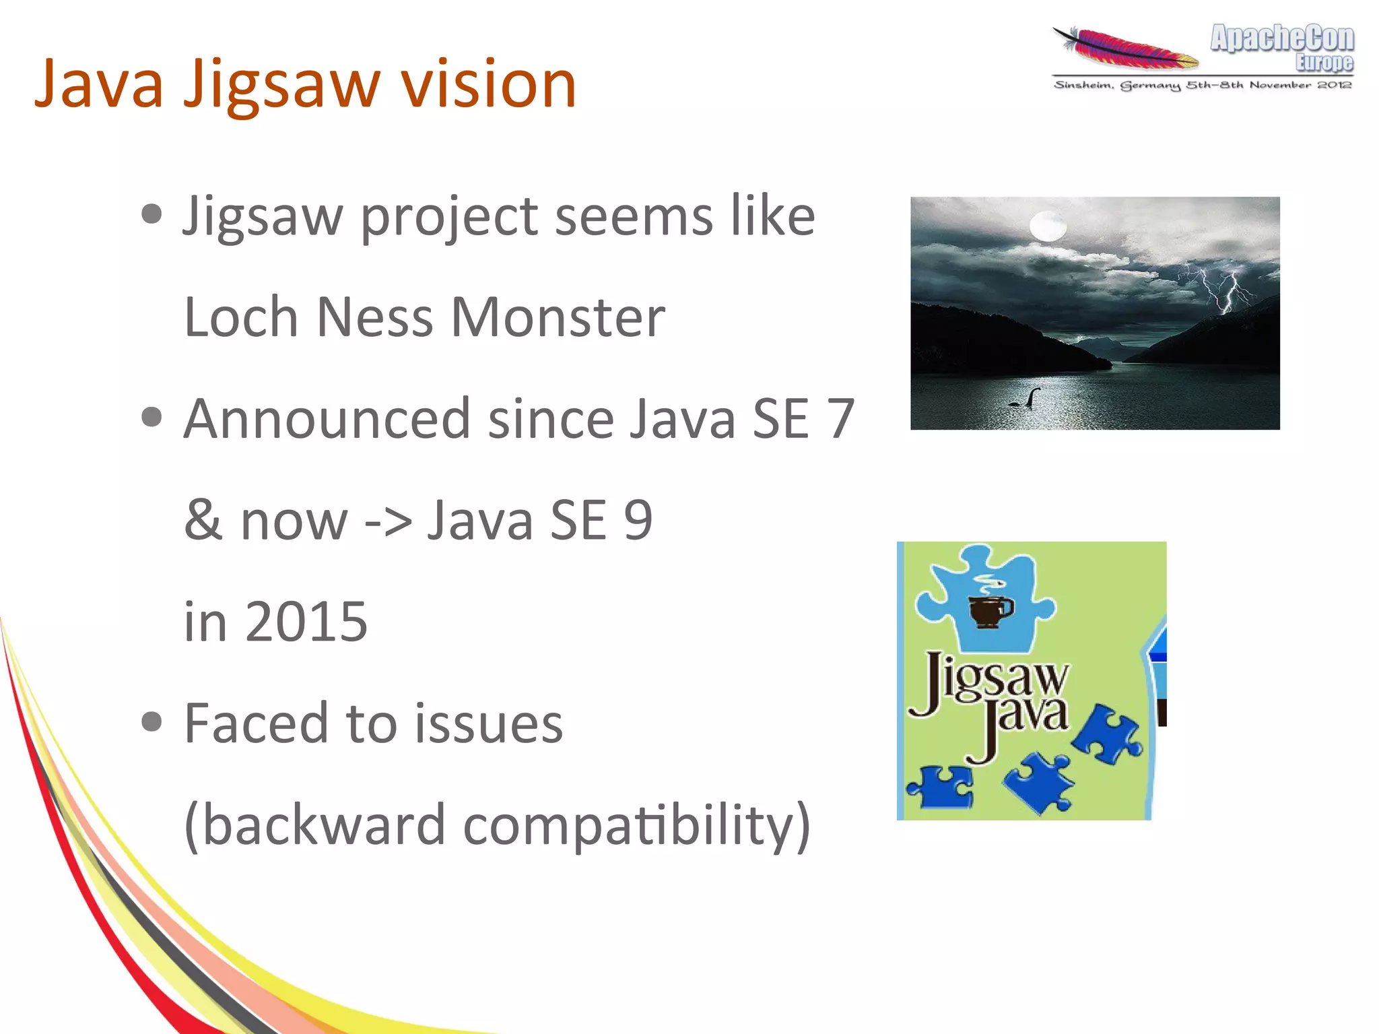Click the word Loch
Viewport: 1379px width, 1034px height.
coord(240,317)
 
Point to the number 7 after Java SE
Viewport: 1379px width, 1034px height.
coord(841,419)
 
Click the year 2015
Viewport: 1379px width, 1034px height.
coord(306,621)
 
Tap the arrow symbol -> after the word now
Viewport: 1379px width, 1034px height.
coord(387,521)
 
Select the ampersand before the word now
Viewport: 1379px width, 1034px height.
coord(203,520)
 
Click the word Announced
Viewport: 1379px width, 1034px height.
coord(327,419)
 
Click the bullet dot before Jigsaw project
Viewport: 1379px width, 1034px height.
coord(153,215)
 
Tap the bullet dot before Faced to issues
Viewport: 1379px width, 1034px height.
coord(153,722)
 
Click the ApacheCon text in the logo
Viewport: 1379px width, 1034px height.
coord(1281,38)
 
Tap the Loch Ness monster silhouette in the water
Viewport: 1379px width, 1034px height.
coord(1025,399)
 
